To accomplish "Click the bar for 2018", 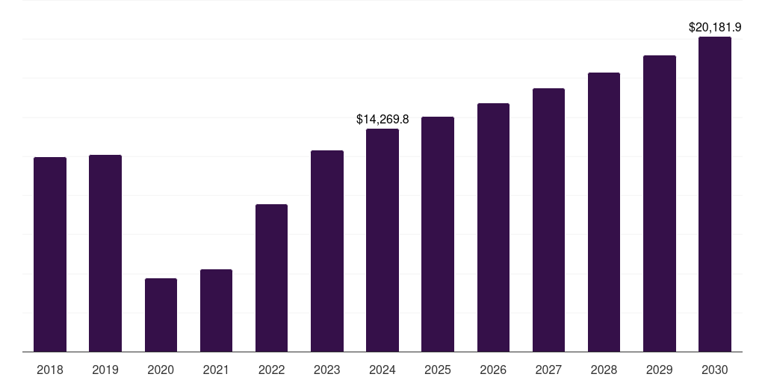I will coord(50,254).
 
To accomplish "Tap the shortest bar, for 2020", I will coord(161,315).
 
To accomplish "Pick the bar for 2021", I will coord(216,310).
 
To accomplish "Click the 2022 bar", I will coord(271,278).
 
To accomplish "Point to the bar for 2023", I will coord(327,251).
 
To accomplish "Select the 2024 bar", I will coord(382,240).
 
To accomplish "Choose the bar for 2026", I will coord(493,227).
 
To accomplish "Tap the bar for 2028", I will coord(604,212).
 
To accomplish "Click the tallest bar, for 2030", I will coord(715,194).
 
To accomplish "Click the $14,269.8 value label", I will coord(382,119).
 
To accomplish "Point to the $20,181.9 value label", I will coord(715,28).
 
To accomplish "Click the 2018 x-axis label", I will coord(50,370).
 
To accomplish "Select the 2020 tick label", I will coord(161,370).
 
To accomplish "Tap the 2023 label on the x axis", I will coord(327,370).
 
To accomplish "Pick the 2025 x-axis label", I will coord(438,370).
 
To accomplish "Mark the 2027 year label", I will coord(548,370).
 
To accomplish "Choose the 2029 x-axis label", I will coord(660,370).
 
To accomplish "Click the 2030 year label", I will coord(715,370).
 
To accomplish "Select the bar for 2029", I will coord(660,203).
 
